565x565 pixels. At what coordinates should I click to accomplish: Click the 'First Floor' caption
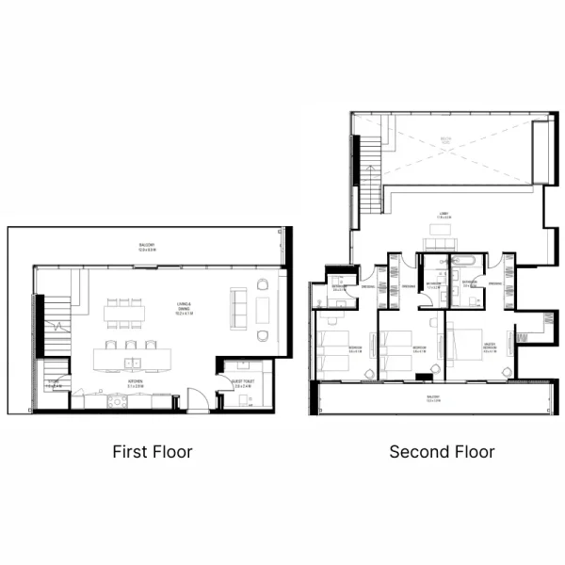click(153, 452)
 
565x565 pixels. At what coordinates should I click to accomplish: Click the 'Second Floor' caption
click(442, 452)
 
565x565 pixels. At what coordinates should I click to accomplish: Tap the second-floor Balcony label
click(433, 398)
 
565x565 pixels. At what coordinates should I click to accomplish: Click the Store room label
click(54, 385)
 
